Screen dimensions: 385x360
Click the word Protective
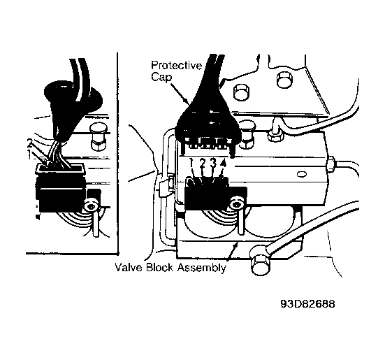click(176, 66)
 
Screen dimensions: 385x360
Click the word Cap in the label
click(161, 77)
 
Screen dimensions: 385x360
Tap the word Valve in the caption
click(129, 267)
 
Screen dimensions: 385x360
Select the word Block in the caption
click(159, 267)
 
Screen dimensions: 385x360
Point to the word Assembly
click(201, 268)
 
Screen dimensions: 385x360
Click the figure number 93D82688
click(307, 304)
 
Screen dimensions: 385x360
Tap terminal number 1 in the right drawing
click(191, 164)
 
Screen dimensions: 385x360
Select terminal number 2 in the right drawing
click(203, 164)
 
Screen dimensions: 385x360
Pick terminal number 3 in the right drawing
click(213, 164)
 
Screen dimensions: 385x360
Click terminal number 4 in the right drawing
click(223, 164)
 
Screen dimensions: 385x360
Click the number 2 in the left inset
click(29, 143)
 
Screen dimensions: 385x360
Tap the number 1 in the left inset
click(29, 154)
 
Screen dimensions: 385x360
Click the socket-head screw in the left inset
click(92, 205)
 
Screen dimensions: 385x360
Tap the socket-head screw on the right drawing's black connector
click(236, 203)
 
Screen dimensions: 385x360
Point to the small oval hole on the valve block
click(302, 174)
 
